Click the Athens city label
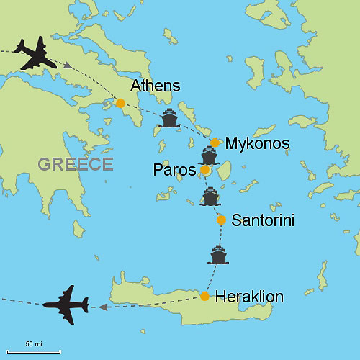click(155, 87)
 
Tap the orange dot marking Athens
click(121, 103)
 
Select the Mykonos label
click(257, 144)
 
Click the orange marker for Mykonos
click(215, 143)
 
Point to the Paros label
click(175, 171)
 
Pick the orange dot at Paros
click(205, 170)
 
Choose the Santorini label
click(263, 220)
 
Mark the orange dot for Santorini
click(221, 220)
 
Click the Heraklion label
click(249, 297)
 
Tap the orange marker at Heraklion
click(205, 296)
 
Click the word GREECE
click(76, 164)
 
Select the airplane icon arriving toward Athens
click(35, 54)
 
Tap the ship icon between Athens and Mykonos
click(169, 118)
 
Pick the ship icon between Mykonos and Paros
click(209, 155)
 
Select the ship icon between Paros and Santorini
click(210, 196)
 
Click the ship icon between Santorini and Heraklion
click(218, 255)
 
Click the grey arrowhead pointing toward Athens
click(68, 66)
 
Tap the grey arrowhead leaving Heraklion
click(103, 307)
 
